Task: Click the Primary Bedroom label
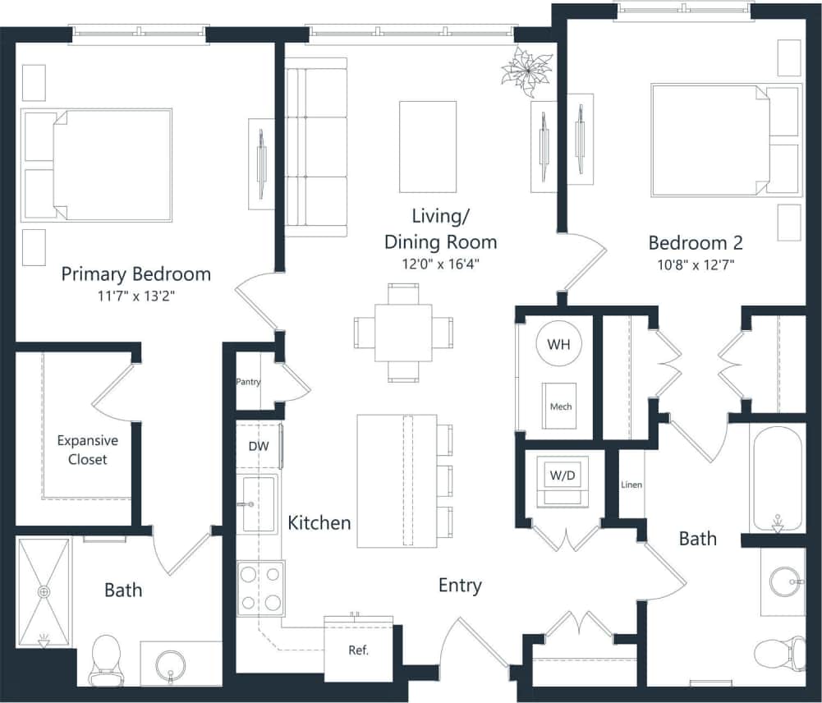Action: [135, 273]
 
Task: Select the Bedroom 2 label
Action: [696, 243]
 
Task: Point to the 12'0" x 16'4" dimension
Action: [441, 264]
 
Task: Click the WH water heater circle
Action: [559, 344]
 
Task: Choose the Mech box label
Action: [560, 407]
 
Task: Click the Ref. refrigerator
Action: [358, 649]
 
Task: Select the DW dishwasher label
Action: [258, 446]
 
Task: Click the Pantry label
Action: [248, 382]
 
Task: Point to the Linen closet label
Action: [631, 485]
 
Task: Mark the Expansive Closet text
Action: [87, 450]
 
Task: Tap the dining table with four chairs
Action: [403, 333]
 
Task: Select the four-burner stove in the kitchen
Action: [261, 588]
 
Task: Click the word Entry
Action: [459, 585]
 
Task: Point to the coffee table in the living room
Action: [427, 145]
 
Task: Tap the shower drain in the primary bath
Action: [44, 590]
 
